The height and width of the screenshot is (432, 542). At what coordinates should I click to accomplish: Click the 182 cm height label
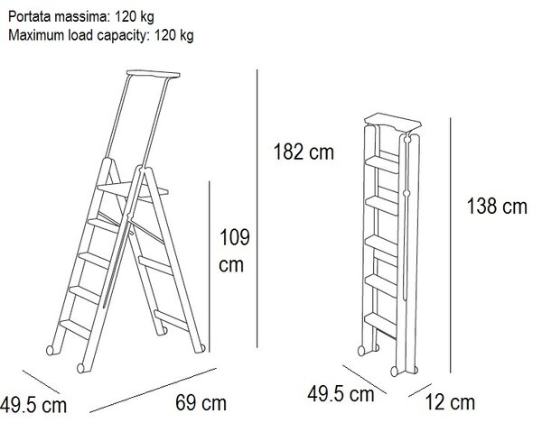(304, 152)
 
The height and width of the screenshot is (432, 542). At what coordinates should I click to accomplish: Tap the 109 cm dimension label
(234, 251)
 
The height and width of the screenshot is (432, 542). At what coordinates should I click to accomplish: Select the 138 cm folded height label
(497, 206)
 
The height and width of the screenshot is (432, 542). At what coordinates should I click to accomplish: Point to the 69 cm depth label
(201, 402)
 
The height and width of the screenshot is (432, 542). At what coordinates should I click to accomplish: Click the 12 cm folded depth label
(450, 402)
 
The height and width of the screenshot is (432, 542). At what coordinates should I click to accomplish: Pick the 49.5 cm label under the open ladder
(33, 405)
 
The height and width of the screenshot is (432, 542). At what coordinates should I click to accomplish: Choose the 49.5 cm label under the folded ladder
(341, 394)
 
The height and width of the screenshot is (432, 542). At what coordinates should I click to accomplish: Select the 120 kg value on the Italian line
(134, 17)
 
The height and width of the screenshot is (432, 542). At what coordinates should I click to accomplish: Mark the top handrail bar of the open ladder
(154, 73)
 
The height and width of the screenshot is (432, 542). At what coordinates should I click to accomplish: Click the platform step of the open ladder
(133, 191)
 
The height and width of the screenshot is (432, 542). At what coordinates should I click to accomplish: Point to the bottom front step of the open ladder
(75, 328)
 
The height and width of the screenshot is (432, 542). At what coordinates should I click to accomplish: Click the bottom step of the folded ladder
(380, 323)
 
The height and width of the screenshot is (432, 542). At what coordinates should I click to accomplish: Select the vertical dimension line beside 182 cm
(257, 208)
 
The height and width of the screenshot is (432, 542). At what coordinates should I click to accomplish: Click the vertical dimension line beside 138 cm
(450, 245)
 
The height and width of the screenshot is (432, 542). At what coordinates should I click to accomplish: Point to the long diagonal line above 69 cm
(154, 391)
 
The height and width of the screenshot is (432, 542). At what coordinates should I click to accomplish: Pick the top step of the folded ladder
(382, 164)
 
